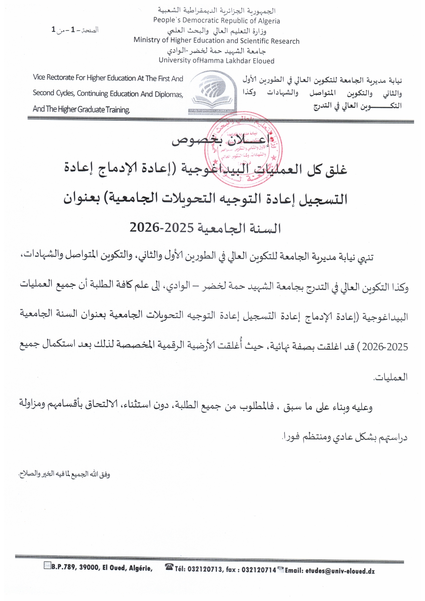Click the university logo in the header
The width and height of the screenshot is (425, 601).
212,92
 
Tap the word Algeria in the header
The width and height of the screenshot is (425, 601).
269,21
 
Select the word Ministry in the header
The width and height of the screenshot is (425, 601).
147,40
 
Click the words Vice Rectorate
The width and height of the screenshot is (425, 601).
53,77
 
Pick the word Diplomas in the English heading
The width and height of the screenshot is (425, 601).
169,94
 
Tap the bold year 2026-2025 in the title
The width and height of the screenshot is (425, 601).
162,228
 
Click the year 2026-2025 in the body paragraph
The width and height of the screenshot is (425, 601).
385,347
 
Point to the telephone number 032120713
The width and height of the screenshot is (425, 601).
205,569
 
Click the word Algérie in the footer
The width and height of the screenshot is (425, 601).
141,568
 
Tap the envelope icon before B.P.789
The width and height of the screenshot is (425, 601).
47,566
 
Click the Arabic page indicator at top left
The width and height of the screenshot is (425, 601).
75,30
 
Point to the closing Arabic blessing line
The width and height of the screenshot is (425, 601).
64,474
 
